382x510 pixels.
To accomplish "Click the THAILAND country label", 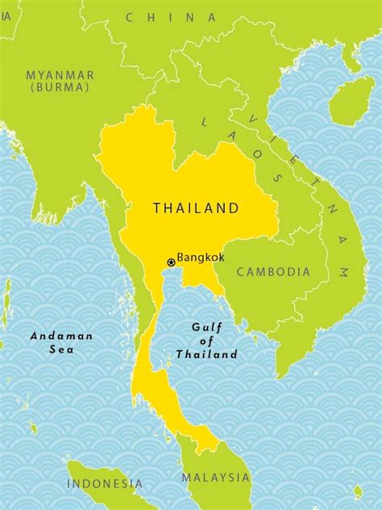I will click(196, 208).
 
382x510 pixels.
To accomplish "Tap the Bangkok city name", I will click(201, 257).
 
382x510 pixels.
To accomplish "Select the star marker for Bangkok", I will click(171, 261).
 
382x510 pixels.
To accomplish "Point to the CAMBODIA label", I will click(274, 272).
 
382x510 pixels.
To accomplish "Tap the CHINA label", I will click(172, 17).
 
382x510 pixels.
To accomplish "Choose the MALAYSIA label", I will click(216, 478).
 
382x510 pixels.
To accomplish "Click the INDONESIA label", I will click(105, 484).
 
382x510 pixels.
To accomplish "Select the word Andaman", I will click(62, 336).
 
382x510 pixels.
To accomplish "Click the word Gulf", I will click(207, 327).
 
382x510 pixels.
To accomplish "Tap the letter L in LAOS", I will click(204, 122).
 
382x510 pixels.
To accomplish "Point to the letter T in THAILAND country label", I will click(157, 208).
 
